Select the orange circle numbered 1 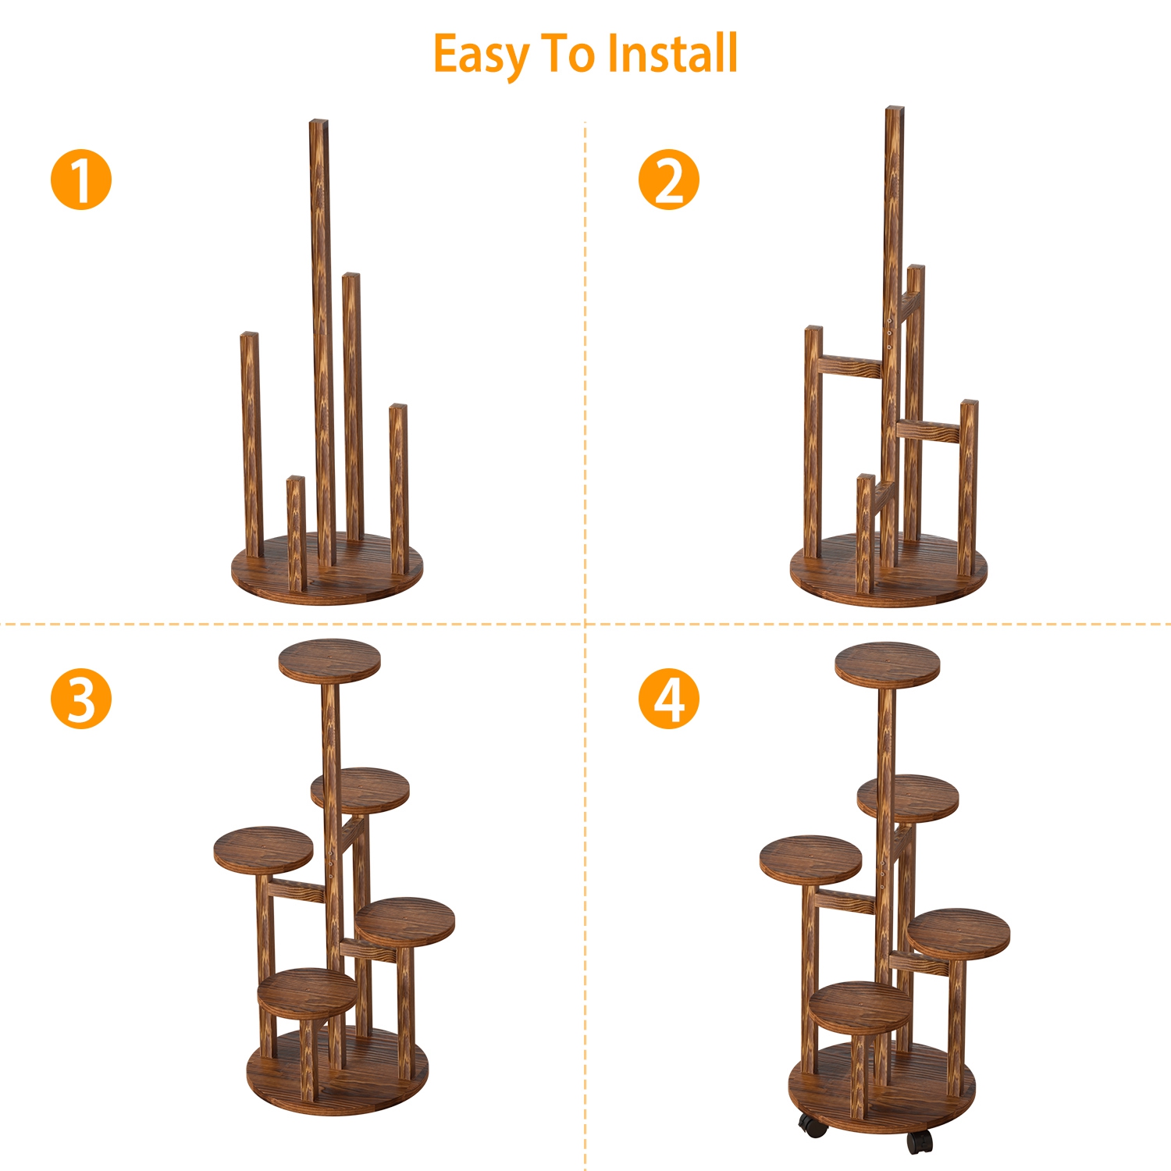(81, 180)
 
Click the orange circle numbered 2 (669, 180)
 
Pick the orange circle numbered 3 (81, 699)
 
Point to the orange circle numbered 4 (669, 699)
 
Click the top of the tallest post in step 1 (319, 122)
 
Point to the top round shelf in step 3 (329, 660)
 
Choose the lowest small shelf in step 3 (308, 993)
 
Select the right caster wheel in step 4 (920, 1141)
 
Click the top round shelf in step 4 (888, 665)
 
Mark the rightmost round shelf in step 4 (959, 933)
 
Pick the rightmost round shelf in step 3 (405, 922)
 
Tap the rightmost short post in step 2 (969, 488)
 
